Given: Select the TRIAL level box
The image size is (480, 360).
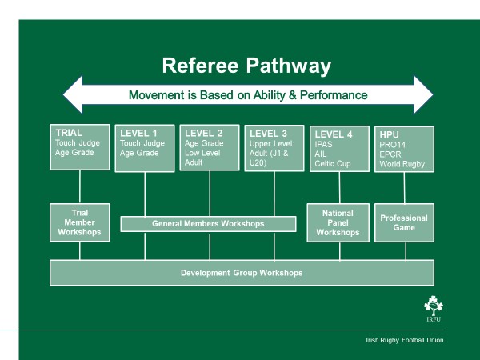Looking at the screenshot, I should click(80, 147).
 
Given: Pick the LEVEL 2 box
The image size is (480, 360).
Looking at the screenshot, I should click(210, 149).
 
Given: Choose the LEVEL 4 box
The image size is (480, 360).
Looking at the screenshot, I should click(339, 149).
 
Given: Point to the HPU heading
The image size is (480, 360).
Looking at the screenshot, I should click(390, 134).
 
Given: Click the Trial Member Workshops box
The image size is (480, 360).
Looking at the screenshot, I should click(80, 222).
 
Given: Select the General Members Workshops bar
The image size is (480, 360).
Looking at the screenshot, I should click(208, 224).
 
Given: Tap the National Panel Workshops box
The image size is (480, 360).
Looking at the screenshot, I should click(338, 222).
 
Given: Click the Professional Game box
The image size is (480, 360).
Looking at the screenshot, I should click(404, 222).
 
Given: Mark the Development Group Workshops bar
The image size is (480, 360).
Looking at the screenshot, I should click(242, 273).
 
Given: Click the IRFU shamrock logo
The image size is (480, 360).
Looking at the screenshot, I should click(432, 308).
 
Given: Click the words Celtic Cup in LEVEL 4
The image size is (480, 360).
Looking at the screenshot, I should click(334, 165).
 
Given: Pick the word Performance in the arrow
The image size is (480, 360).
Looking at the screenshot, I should click(335, 95).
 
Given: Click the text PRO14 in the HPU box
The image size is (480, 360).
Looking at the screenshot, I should click(392, 144).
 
